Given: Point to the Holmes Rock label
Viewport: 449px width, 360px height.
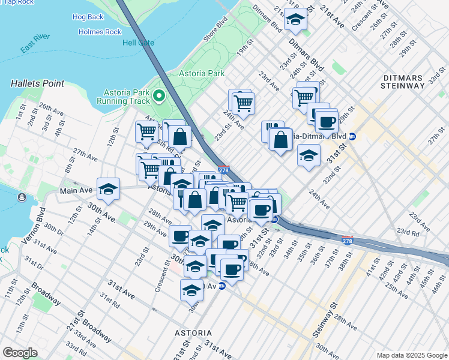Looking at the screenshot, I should (99, 32).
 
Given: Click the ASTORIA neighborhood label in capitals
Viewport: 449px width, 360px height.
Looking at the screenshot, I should (193, 332).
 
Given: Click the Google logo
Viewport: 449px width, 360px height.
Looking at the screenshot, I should (20, 353).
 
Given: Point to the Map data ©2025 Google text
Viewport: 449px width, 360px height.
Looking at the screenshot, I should (411, 355).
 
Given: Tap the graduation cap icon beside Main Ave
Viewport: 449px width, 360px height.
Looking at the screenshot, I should (108, 188).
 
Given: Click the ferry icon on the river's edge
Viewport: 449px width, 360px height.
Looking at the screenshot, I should (22, 197).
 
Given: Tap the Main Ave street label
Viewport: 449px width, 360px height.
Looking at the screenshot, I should (76, 191).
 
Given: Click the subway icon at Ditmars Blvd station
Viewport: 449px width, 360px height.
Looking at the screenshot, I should (353, 137).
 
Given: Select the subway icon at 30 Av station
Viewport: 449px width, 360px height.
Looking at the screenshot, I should (221, 286).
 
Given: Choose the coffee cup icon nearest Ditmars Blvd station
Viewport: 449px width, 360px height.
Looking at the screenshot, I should (327, 122).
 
